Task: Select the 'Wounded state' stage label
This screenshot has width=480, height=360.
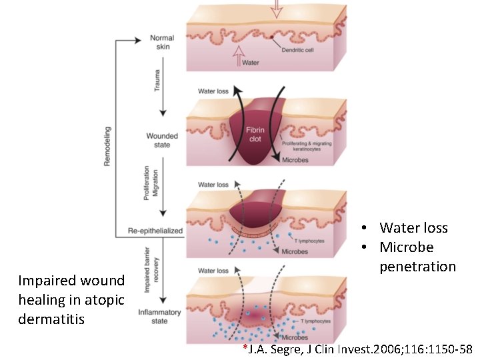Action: coord(163,141)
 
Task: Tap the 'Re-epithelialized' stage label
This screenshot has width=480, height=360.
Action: coord(155,231)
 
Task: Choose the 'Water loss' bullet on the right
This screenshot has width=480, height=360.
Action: coord(413,228)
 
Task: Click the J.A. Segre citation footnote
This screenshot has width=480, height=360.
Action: coord(360,349)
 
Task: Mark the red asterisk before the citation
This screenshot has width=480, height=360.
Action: coord(245,347)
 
